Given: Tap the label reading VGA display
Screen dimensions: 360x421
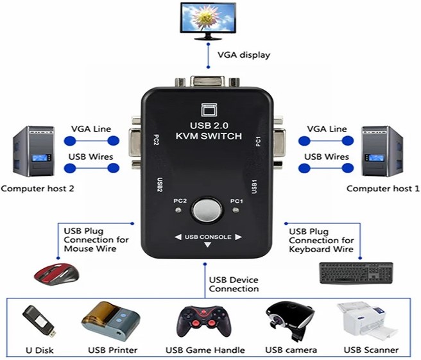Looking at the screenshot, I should pyautogui.click(x=244, y=55).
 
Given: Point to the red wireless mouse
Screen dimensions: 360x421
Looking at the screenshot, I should pyautogui.click(x=56, y=273).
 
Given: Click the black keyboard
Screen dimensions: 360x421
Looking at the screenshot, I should pyautogui.click(x=357, y=272).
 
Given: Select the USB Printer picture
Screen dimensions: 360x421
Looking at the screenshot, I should pyautogui.click(x=110, y=321).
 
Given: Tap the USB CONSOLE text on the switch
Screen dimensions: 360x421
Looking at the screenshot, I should pyautogui.click(x=208, y=237).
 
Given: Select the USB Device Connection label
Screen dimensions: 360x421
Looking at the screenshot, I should pyautogui.click(x=234, y=284).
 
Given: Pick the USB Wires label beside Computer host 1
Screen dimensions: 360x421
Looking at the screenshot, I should pyautogui.click(x=326, y=157).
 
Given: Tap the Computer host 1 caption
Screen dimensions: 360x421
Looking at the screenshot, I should pyautogui.click(x=383, y=189).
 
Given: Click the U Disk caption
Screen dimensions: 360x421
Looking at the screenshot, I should pyautogui.click(x=40, y=350).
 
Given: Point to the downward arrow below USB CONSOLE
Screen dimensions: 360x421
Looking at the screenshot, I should pyautogui.click(x=207, y=245).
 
